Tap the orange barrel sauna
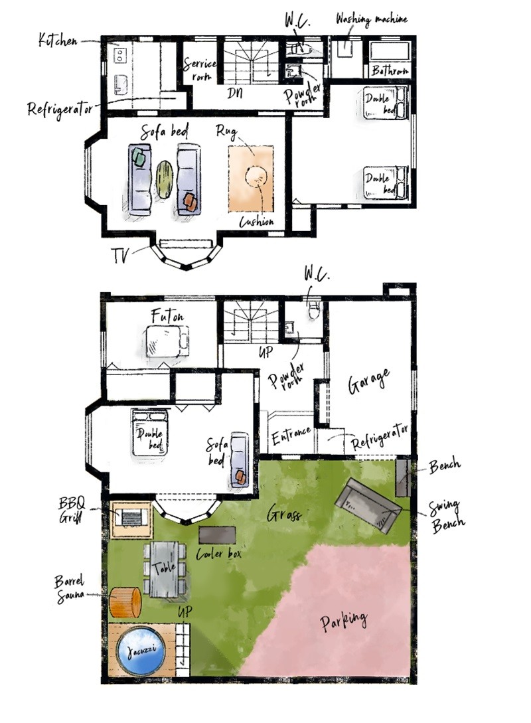tap(125, 602)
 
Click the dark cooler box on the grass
tap(217, 535)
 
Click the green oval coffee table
tap(165, 180)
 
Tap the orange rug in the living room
tap(251, 179)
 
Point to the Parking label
tap(344, 620)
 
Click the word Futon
tap(167, 316)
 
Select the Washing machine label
tap(372, 19)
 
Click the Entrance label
tap(291, 436)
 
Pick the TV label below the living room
tap(121, 255)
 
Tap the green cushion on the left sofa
tap(140, 158)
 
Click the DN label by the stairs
tap(234, 94)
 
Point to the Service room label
tap(200, 70)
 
